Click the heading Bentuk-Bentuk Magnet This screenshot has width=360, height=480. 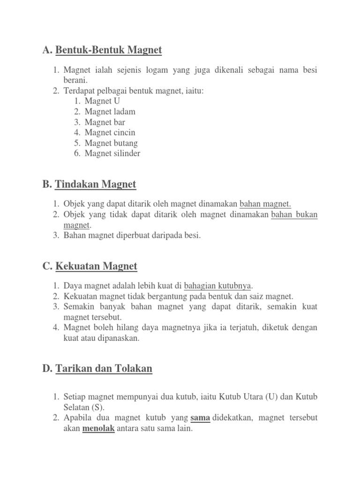pyautogui.click(x=108, y=50)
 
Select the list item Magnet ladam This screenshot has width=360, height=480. pyautogui.click(x=110, y=112)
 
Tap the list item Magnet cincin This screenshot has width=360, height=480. pyautogui.click(x=110, y=133)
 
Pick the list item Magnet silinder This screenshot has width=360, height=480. pyautogui.click(x=112, y=153)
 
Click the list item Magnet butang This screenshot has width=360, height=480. pyautogui.click(x=111, y=143)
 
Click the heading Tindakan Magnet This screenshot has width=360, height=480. pyautogui.click(x=96, y=184)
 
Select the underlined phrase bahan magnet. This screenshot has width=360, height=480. pyautogui.click(x=265, y=204)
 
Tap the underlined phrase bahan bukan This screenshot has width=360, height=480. pyautogui.click(x=294, y=215)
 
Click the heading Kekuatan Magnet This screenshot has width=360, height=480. pyautogui.click(x=96, y=266)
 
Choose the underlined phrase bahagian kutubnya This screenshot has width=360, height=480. pyautogui.click(x=218, y=286)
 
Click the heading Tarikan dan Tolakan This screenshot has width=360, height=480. pyautogui.click(x=104, y=368)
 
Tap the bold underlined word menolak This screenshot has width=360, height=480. pyautogui.click(x=98, y=428)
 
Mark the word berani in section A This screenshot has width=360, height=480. pyautogui.click(x=75, y=80)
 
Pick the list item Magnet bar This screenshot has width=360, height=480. pyautogui.click(x=105, y=122)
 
